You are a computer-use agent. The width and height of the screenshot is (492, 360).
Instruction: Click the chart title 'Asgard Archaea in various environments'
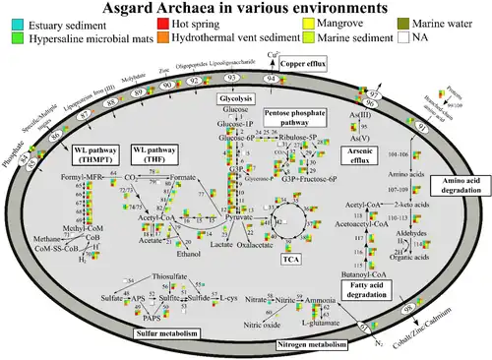(x=245, y=8)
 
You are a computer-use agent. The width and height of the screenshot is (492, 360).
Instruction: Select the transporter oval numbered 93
(x=233, y=77)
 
